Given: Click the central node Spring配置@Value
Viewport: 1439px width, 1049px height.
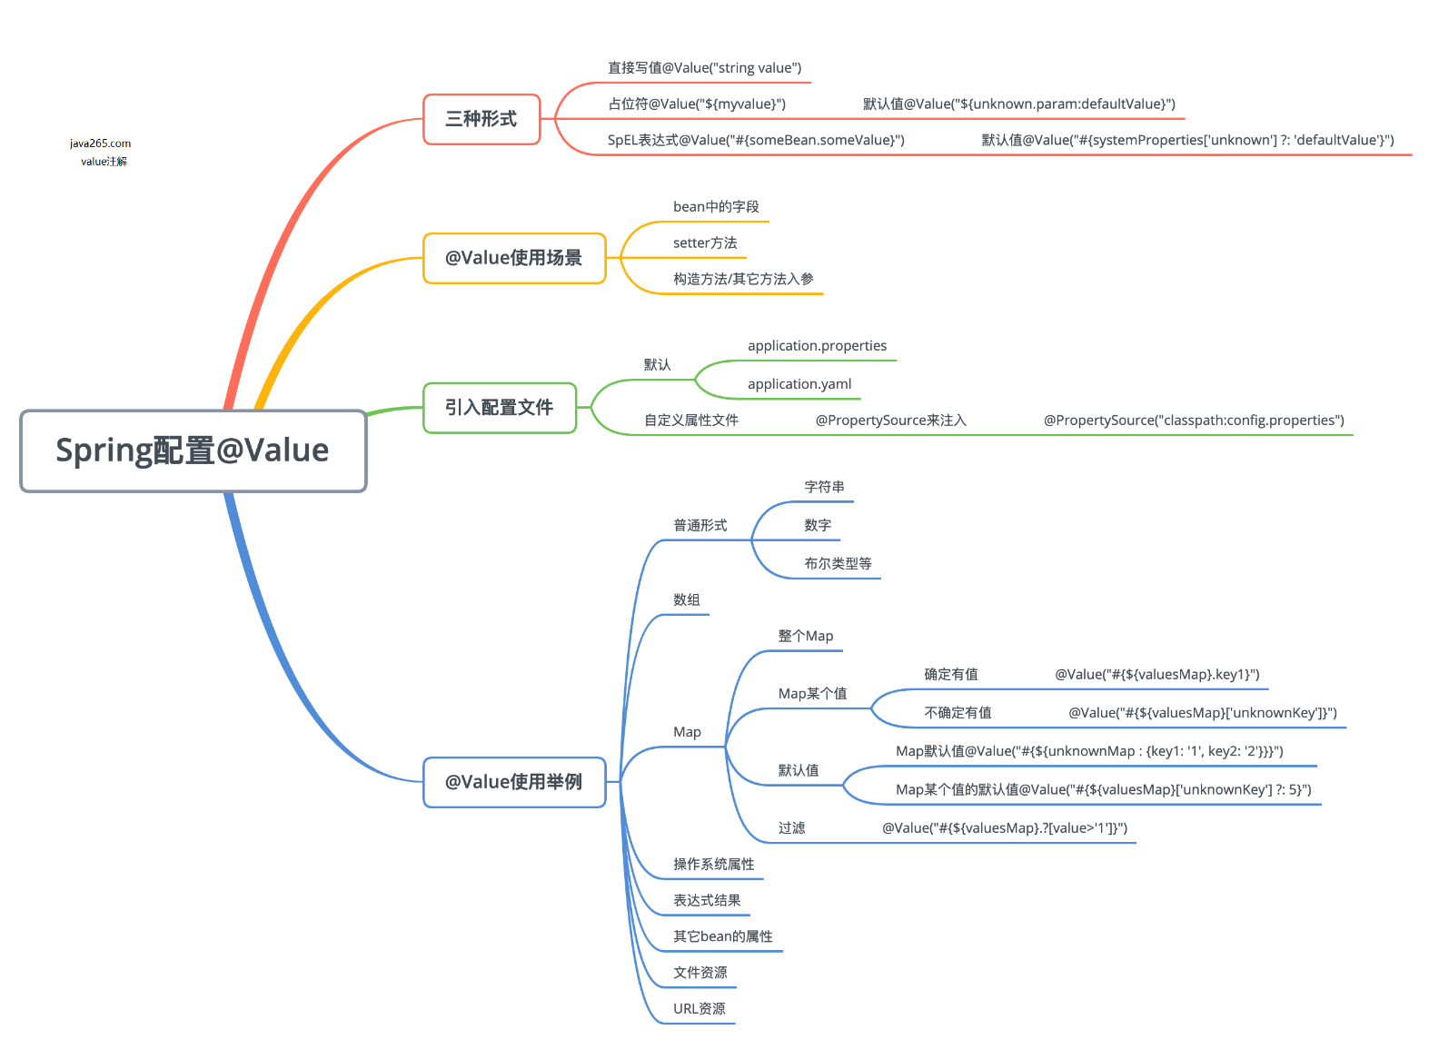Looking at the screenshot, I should click(x=193, y=450).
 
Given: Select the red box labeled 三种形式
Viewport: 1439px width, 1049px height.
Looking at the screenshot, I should click(x=481, y=119).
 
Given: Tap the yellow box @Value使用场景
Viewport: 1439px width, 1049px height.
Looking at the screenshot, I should click(x=514, y=258).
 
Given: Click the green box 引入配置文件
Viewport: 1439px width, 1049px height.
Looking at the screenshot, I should click(x=500, y=408).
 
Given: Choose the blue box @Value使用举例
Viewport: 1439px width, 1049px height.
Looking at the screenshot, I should click(x=514, y=782).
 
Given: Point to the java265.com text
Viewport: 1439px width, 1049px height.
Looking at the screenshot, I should click(x=100, y=143).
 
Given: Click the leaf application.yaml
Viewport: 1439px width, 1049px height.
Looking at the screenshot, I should click(x=799, y=384).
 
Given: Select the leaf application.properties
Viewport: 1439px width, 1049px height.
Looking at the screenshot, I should click(x=817, y=346).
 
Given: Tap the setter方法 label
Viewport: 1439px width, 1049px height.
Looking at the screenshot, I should click(x=705, y=243).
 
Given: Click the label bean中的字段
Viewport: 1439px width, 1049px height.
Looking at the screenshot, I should click(x=716, y=207).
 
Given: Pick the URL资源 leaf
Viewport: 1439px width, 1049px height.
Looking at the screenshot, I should click(x=699, y=1009).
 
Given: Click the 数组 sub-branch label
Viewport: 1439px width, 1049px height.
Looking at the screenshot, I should click(x=687, y=600).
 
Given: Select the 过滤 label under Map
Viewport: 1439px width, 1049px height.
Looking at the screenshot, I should click(x=791, y=828).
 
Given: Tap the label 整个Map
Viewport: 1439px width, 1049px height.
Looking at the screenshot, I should click(x=805, y=637).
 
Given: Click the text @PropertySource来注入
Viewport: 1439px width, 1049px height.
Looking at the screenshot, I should click(x=890, y=421).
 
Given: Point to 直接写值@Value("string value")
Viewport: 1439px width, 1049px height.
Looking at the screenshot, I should click(x=704, y=68).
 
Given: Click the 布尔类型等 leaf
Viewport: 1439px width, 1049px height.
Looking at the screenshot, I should click(x=838, y=564).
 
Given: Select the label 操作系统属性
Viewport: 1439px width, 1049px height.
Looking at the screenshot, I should click(x=713, y=865).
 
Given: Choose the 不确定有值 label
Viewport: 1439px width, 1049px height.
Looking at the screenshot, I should click(x=958, y=713).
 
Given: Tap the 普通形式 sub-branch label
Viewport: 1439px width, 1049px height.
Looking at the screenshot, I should click(x=700, y=526).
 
